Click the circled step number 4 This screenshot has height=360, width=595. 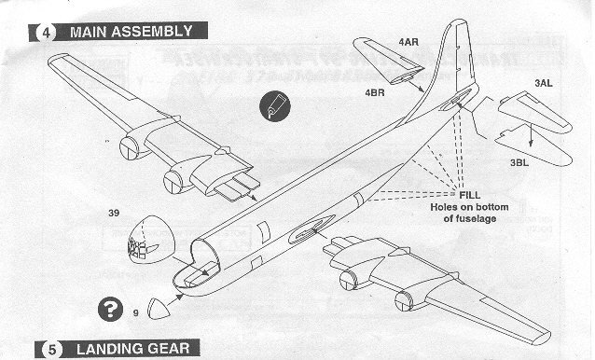46,33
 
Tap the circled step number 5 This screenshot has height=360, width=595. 52,350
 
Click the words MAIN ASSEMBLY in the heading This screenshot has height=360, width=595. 131,32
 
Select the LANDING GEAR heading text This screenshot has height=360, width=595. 132,349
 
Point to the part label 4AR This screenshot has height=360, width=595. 408,42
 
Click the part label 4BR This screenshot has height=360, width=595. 375,92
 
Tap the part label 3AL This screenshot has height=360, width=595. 544,83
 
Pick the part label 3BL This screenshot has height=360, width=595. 519,162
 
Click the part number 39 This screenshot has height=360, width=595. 114,213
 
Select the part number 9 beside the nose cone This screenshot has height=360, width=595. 136,313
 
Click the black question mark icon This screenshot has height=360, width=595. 110,309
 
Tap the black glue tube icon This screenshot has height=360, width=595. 275,106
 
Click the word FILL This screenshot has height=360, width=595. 470,195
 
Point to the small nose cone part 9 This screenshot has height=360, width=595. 159,309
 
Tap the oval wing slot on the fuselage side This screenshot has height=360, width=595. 311,228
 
